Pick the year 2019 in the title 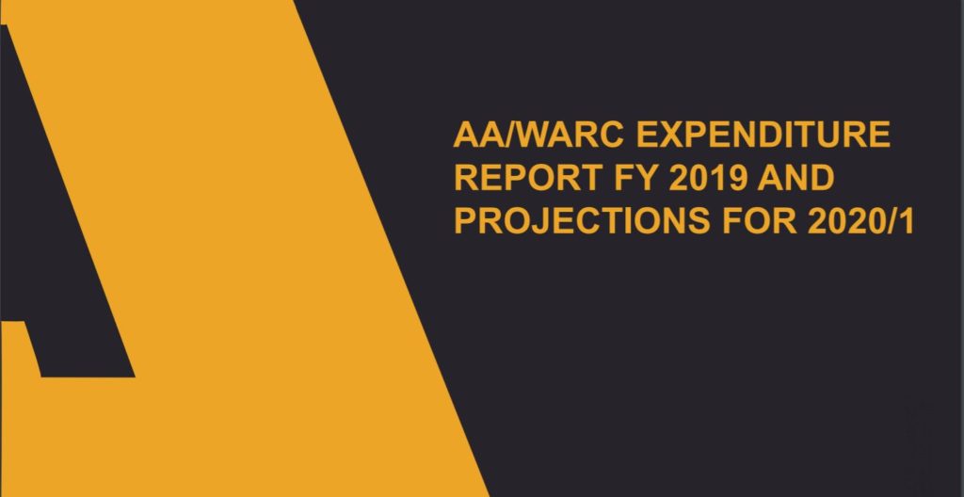point(708,178)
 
